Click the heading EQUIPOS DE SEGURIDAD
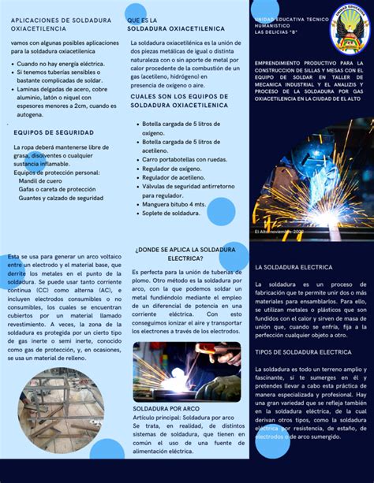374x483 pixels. tap(54, 132)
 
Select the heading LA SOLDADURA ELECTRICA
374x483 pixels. tap(294, 267)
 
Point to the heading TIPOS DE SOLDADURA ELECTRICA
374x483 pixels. tap(302, 351)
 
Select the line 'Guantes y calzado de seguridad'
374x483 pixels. tap(62, 198)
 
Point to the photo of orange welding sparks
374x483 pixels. tap(312, 180)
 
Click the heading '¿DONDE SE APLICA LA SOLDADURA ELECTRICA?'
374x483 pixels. tap(185, 253)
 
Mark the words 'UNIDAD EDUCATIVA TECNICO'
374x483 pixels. tap(290, 17)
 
